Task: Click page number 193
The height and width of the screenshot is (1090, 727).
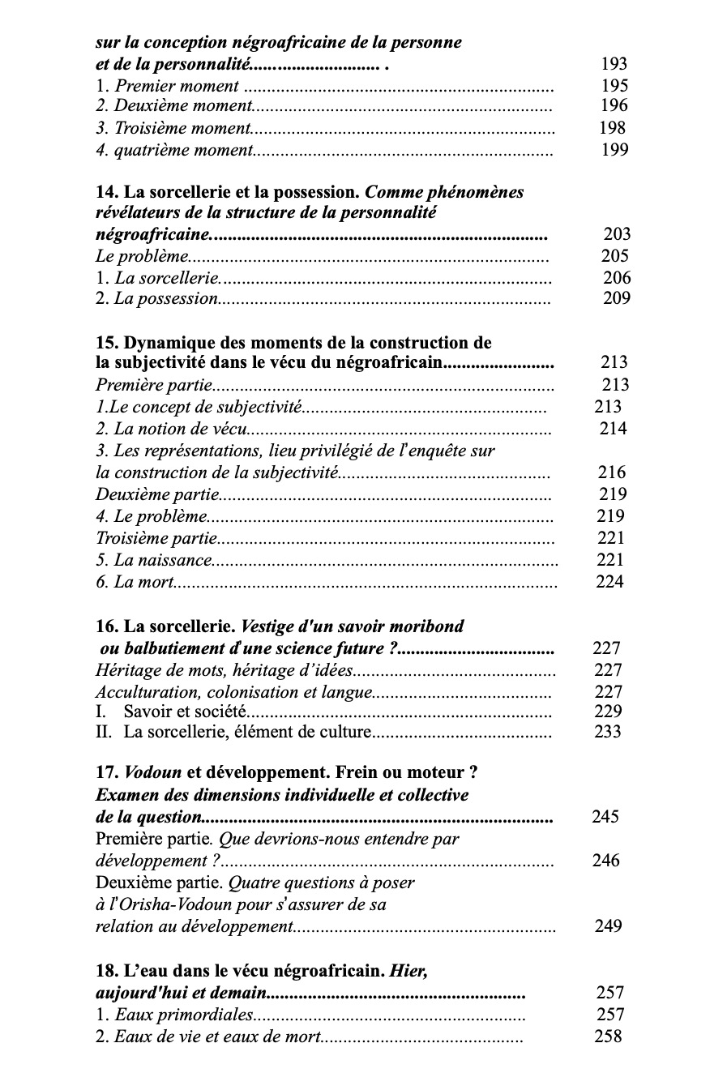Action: [x=614, y=64]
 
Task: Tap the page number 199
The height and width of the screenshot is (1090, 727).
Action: [x=614, y=149]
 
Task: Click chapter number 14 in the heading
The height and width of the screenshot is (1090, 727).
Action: [x=105, y=192]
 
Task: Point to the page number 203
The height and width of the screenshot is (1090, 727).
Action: [x=616, y=234]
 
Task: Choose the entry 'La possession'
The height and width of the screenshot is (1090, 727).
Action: [x=166, y=298]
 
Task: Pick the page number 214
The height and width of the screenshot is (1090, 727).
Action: [x=613, y=429]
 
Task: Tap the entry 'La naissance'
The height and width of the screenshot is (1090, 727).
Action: [x=163, y=560]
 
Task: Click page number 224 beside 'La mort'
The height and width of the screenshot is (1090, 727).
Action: [x=609, y=582]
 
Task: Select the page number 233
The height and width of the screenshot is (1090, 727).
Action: [x=608, y=732]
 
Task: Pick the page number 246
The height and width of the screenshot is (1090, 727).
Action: [x=605, y=861]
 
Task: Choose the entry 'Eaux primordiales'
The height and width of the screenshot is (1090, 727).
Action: [x=183, y=1015]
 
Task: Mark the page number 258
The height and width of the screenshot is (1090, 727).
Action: [x=609, y=1037]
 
